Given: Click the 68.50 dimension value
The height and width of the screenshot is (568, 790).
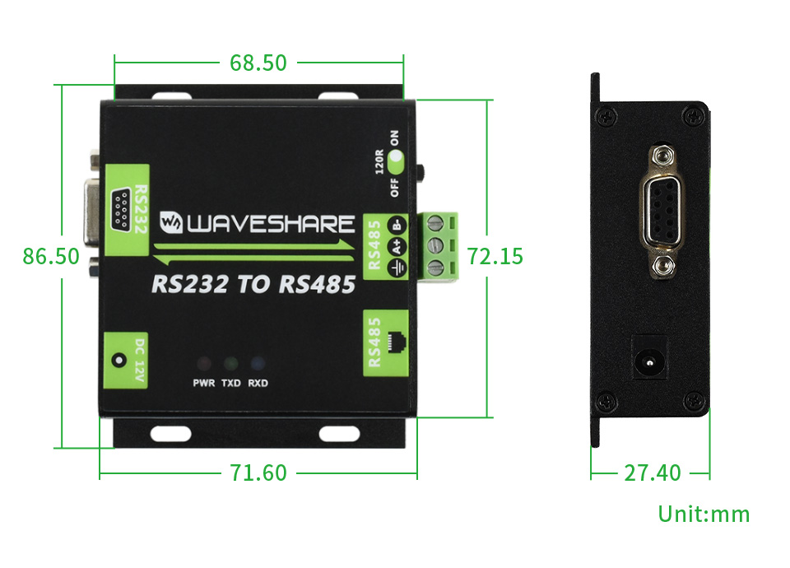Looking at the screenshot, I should [x=258, y=63].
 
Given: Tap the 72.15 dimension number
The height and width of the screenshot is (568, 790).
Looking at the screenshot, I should [x=495, y=256].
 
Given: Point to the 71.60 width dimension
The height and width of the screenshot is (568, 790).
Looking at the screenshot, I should [x=258, y=473].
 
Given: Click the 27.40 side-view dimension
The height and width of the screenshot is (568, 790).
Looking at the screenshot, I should [x=652, y=473].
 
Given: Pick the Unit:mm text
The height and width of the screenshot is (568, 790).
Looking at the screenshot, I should [x=704, y=514].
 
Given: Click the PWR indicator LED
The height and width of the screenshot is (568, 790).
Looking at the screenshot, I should [x=202, y=364].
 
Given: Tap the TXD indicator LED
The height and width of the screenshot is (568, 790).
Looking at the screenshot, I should [x=230, y=364].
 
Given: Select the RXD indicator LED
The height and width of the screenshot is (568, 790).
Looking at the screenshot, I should [x=258, y=364].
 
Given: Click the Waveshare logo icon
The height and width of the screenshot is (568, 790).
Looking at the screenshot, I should [x=171, y=222].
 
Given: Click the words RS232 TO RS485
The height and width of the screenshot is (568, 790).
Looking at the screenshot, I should [x=253, y=285].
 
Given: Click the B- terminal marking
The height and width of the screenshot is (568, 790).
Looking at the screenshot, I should [x=397, y=225].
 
